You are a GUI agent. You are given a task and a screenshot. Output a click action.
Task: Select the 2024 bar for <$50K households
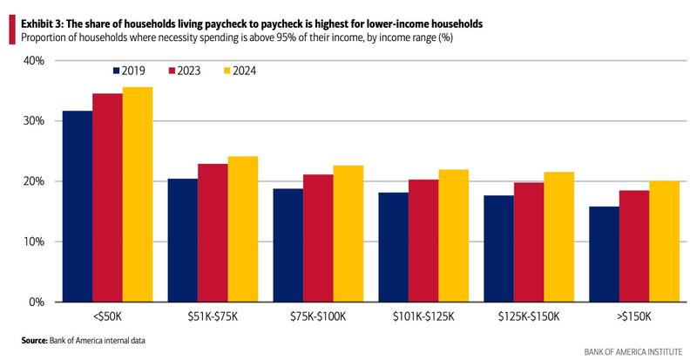[138, 194]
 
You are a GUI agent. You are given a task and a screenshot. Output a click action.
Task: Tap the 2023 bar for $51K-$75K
[213, 233]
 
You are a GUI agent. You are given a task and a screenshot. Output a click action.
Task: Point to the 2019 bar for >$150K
[605, 254]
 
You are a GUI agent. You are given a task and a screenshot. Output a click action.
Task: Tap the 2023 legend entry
[188, 71]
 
